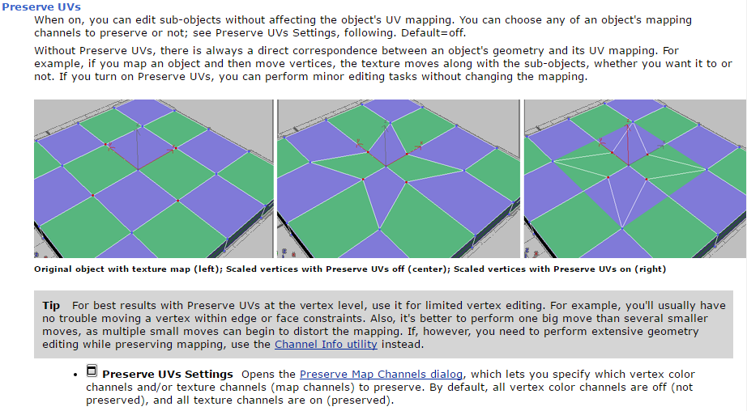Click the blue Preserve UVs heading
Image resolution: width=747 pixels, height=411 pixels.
[x=41, y=6]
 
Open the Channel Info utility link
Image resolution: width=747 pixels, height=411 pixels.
[x=326, y=345]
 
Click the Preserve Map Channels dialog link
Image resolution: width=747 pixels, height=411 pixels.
[x=381, y=375]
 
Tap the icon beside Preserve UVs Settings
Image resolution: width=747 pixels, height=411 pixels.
[x=92, y=371]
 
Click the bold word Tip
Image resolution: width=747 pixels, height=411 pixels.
[x=51, y=305]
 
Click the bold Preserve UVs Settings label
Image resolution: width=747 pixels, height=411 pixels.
[x=168, y=375]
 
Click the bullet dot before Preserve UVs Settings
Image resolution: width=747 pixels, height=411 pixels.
[x=75, y=375]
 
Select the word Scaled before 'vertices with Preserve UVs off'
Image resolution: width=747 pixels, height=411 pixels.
[x=241, y=269]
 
